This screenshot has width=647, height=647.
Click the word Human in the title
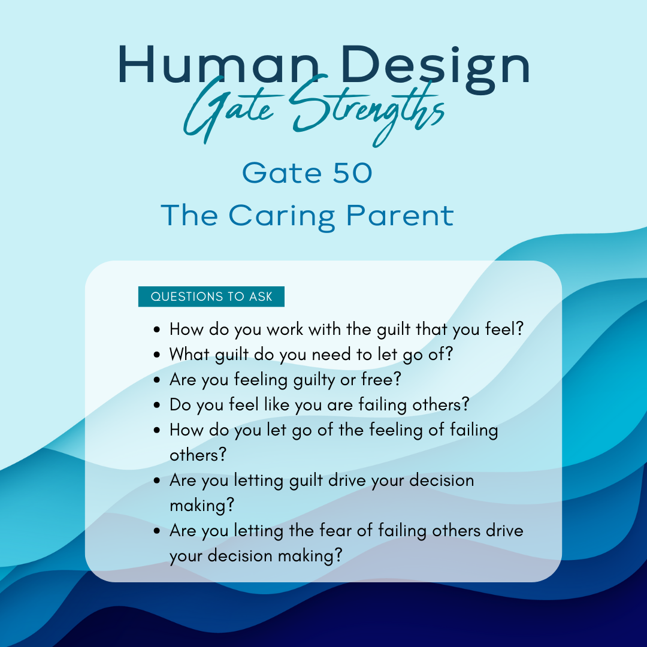point(219,65)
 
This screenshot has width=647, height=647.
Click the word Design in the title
point(436,68)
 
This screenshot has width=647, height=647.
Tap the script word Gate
point(228,109)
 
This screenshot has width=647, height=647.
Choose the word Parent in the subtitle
point(400,215)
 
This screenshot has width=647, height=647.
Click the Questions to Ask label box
point(211,297)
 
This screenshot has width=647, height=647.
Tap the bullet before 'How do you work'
point(156,329)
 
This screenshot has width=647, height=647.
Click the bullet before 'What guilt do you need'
point(156,355)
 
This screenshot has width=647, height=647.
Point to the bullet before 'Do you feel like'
point(156,405)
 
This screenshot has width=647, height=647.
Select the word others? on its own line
point(198,455)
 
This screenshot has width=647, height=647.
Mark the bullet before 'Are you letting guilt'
point(156,480)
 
